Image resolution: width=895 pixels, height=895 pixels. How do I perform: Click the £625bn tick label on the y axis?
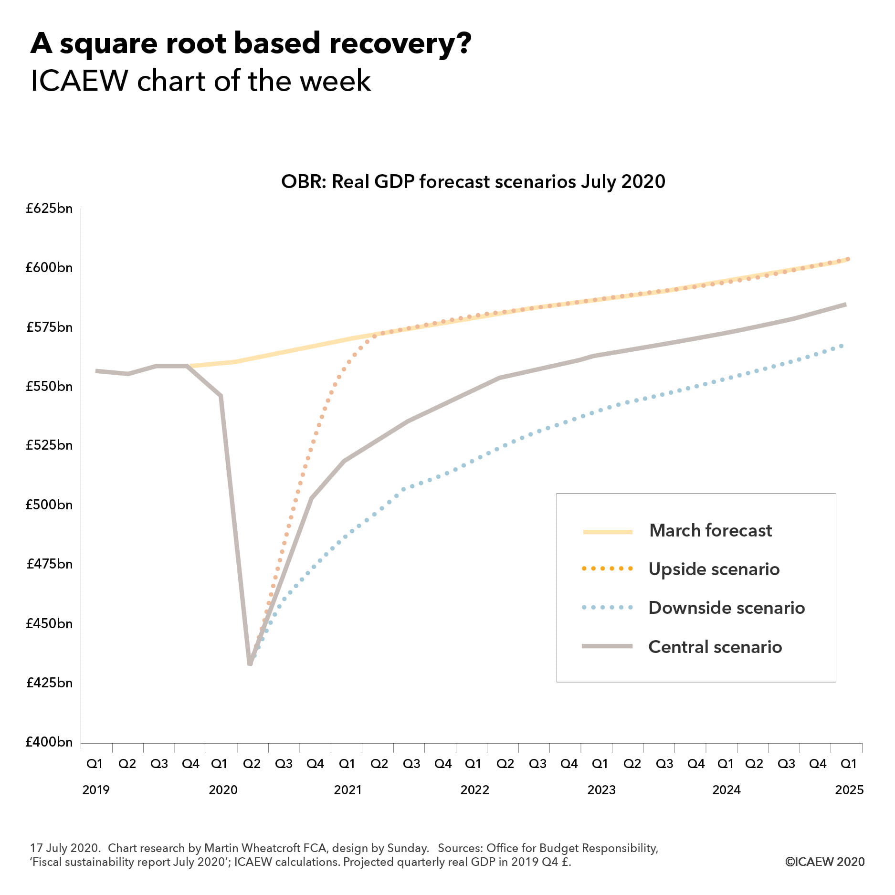[x=49, y=209]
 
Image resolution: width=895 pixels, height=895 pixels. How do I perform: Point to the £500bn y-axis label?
[x=49, y=505]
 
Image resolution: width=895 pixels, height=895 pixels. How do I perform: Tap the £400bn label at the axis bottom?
[x=49, y=742]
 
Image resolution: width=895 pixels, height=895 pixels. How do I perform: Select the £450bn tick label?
[x=49, y=623]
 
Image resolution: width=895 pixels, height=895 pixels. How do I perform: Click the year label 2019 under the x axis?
[x=96, y=790]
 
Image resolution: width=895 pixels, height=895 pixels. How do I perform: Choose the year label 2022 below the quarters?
[x=474, y=790]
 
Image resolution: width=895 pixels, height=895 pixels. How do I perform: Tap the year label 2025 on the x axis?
[x=849, y=790]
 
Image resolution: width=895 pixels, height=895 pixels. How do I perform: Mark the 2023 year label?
[x=601, y=790]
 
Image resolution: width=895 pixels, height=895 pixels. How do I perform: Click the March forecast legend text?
[x=710, y=531]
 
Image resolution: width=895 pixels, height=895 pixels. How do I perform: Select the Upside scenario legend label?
[x=714, y=569]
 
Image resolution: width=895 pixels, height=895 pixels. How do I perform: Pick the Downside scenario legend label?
[x=727, y=608]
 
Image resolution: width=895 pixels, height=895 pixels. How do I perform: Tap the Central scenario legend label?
[x=715, y=647]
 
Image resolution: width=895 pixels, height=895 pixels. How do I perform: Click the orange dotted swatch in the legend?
[x=607, y=569]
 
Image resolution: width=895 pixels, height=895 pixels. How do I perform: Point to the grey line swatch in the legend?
[x=607, y=646]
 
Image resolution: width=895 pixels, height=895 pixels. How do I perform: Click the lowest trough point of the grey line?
[x=250, y=663]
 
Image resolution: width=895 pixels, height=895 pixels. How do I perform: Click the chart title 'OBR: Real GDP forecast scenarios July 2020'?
[x=473, y=182]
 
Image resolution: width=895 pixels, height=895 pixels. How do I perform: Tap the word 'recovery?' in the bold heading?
[x=400, y=44]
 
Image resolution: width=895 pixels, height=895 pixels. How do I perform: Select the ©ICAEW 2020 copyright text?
[x=825, y=862]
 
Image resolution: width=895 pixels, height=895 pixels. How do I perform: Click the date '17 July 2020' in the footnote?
[x=65, y=848]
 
